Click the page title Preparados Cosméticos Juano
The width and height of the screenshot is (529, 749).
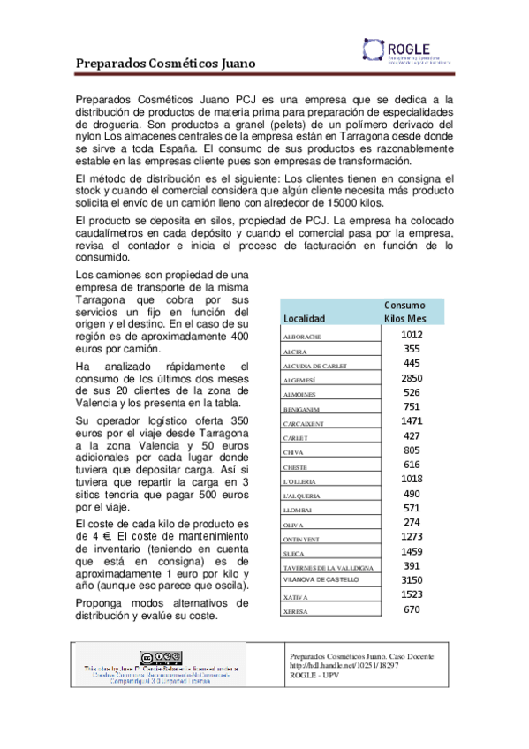[x=164, y=64]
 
